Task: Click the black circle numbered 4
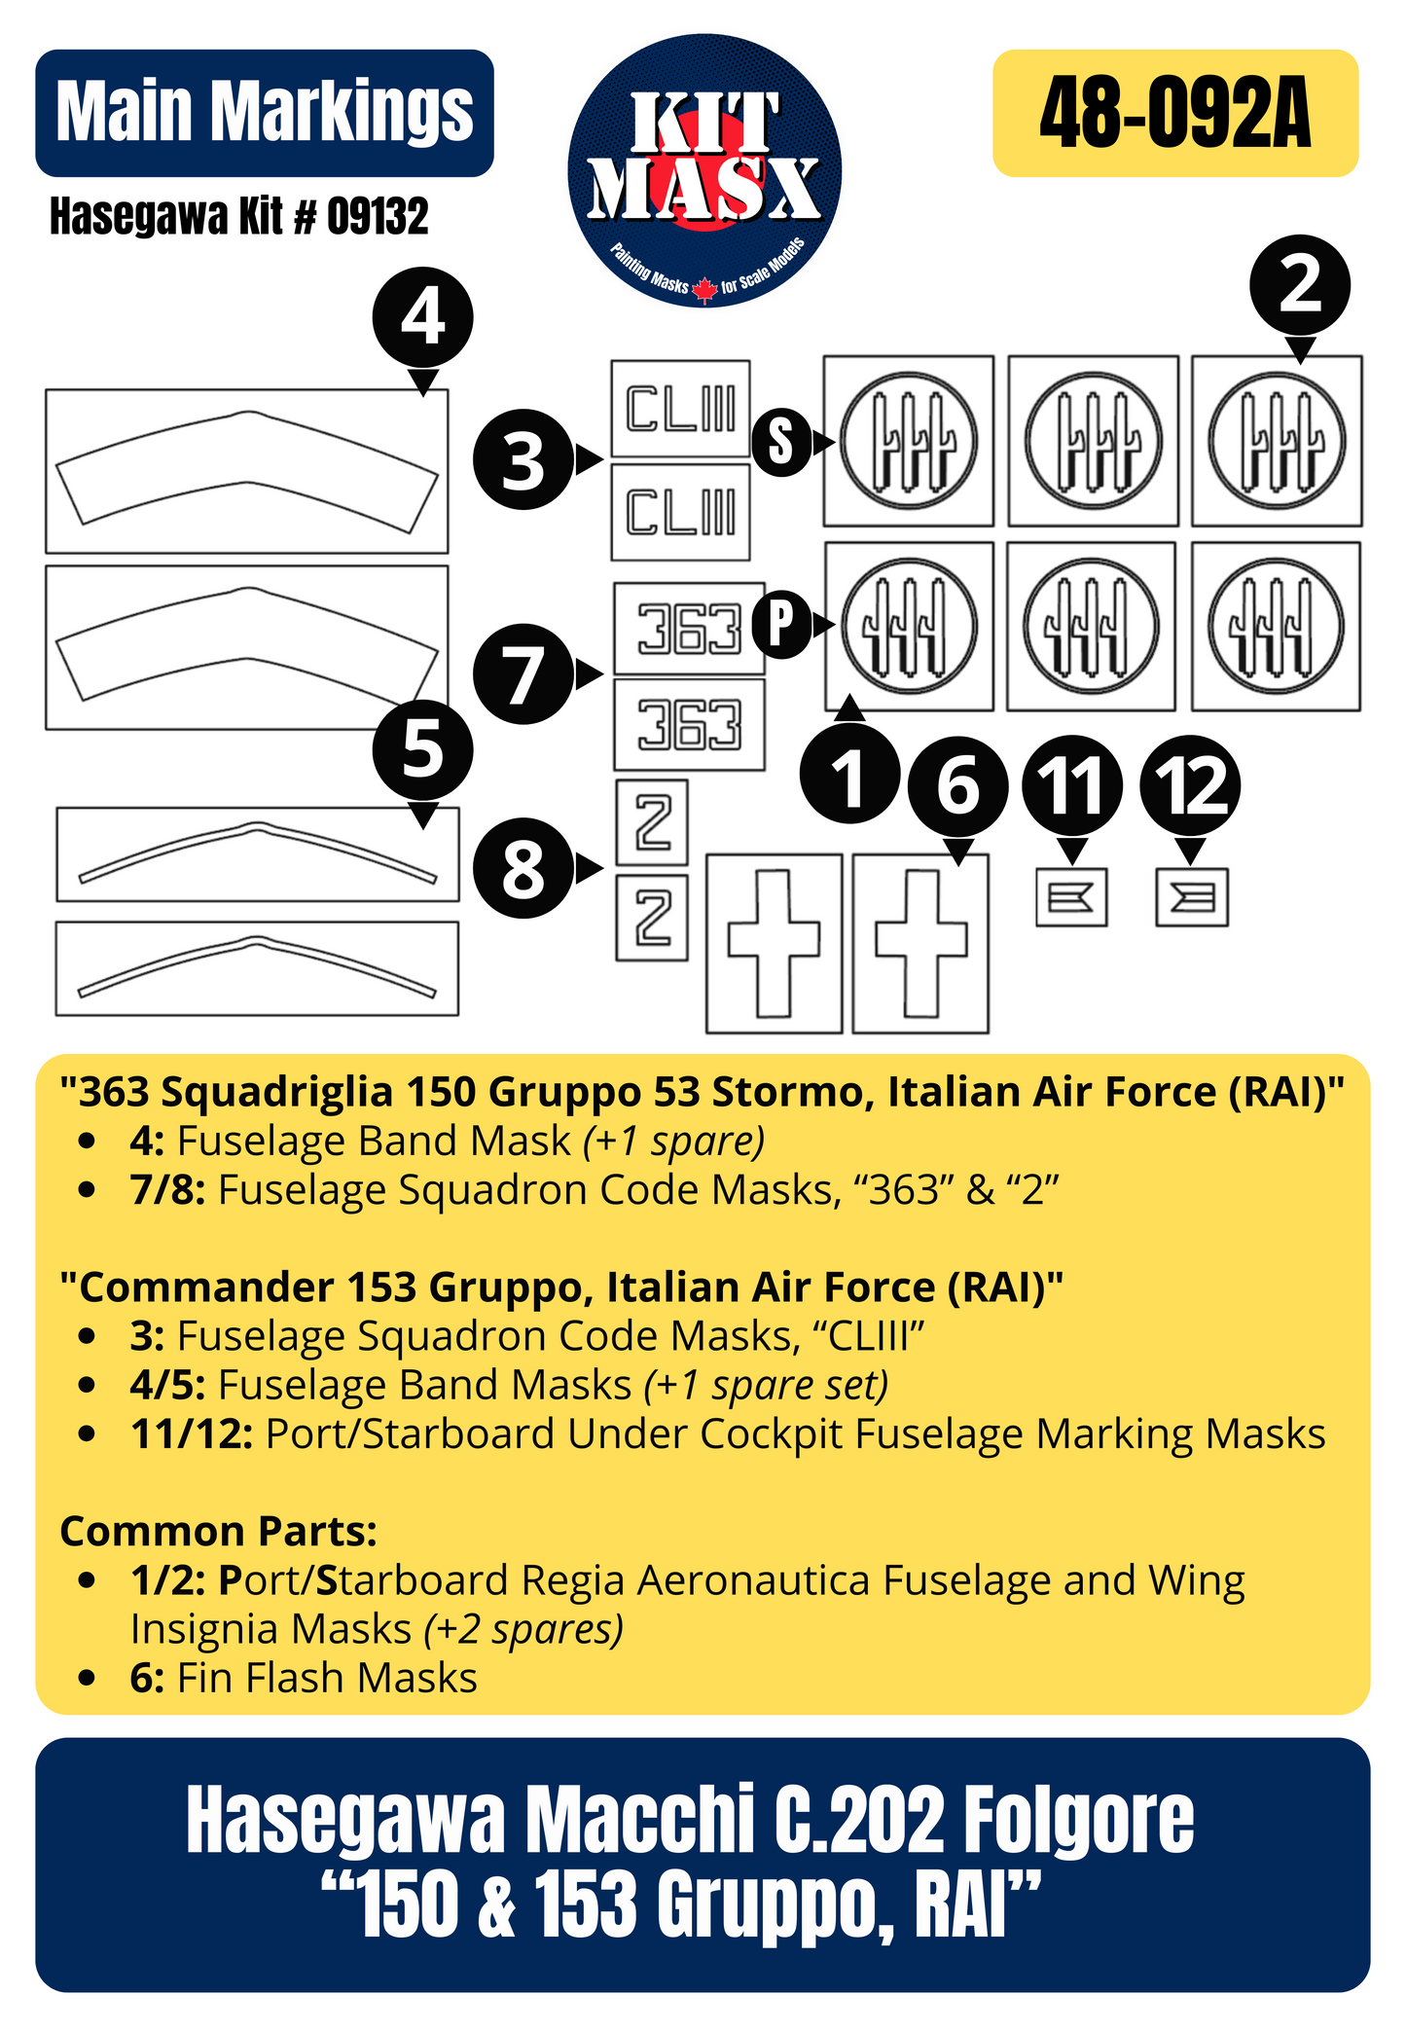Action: [422, 317]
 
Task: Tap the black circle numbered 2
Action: [1299, 286]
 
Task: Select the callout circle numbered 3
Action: [523, 459]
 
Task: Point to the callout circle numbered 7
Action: [523, 674]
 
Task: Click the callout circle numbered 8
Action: [523, 868]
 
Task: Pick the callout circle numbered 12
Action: [1190, 784]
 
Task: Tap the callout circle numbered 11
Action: [1071, 784]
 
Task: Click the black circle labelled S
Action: [781, 442]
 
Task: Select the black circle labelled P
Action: [781, 624]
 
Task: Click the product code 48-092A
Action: [1174, 114]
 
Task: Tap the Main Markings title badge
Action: [264, 113]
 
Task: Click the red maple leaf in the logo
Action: [704, 289]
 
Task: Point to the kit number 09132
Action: [377, 216]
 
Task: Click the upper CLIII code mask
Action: [680, 409]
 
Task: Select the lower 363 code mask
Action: [689, 725]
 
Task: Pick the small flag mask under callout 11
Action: [1071, 896]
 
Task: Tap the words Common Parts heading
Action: [218, 1531]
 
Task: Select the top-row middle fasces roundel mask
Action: [1093, 441]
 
